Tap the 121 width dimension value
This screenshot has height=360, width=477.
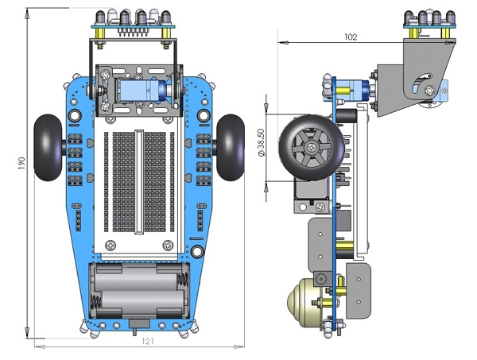tap(146, 342)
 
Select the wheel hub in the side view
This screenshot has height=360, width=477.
tap(312, 149)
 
